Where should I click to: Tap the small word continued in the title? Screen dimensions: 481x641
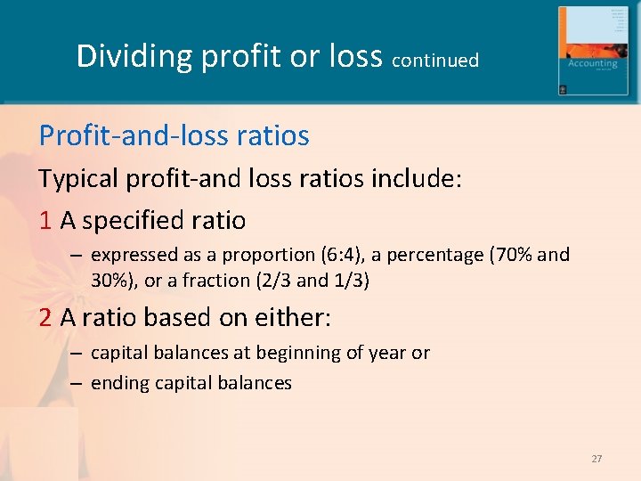435,61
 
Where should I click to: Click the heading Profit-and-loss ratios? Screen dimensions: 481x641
174,135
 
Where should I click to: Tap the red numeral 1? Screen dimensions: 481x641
45,219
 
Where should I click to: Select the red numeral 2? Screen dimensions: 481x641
45,317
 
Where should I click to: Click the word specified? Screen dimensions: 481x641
134,220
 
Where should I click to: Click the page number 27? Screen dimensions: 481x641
596,459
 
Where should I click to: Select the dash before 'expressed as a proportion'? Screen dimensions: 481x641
77,257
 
